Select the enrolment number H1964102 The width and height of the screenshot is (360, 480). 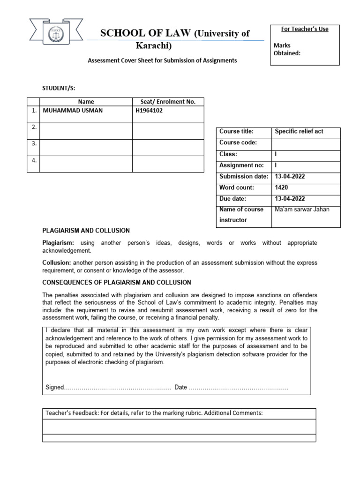(149, 111)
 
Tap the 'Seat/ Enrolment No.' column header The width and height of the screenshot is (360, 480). (168, 101)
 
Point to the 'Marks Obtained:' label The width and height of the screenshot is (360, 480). (287, 49)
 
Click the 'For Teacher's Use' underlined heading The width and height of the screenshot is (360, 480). (305, 29)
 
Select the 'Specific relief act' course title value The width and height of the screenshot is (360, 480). (299, 131)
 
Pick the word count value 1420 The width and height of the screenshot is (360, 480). (281, 187)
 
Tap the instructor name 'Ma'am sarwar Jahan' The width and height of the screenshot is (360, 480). (302, 209)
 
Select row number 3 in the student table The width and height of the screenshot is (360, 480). (34, 144)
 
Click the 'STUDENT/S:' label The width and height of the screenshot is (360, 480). (59, 88)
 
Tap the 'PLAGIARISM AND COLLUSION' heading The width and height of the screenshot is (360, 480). (86, 231)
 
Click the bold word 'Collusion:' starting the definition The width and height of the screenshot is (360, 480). (57, 263)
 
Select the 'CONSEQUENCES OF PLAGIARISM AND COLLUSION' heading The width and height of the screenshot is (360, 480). (117, 282)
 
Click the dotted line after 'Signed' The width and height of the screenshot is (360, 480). (117, 388)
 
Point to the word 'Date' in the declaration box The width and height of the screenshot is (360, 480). (180, 387)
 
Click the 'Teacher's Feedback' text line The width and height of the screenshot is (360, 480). (153, 413)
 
